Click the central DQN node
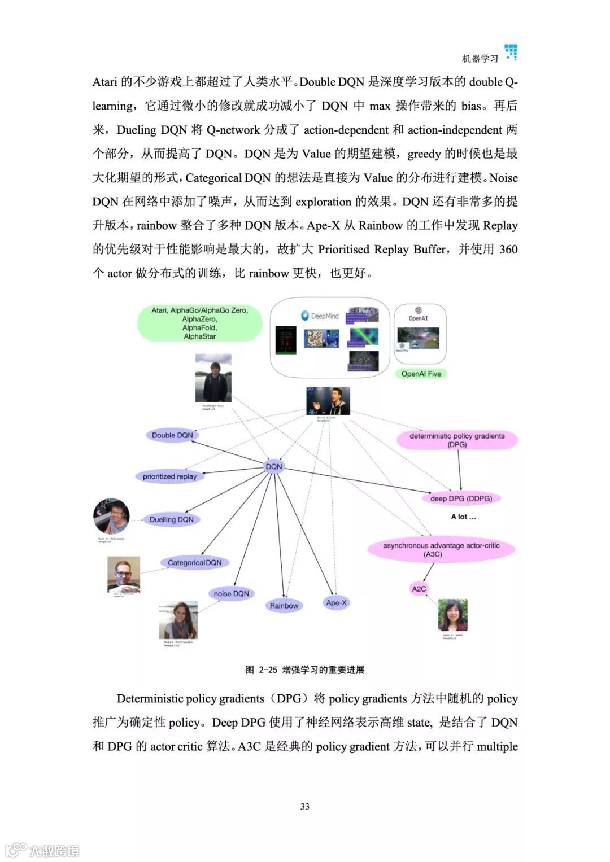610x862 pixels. pos(274,466)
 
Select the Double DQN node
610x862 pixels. pos(172,435)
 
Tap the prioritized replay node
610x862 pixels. pos(169,476)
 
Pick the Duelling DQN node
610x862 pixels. pos(171,519)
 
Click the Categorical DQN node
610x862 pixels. pos(194,562)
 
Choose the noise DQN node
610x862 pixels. pos(231,593)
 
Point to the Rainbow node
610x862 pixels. pos(284,606)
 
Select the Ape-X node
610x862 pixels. pos(336,603)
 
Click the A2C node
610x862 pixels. pos(419,589)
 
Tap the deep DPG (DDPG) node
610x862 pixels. pos(461,498)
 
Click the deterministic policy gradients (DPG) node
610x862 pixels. pos(457,440)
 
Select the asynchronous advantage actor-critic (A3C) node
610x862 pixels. pos(441,550)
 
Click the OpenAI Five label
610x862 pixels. pos(421,374)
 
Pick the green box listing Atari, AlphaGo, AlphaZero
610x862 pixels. pos(199,323)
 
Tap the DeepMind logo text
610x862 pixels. pos(324,316)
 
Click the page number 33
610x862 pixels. pos(305,806)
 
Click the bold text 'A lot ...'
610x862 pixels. pos(463,517)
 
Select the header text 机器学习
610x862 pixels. pos(480,59)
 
